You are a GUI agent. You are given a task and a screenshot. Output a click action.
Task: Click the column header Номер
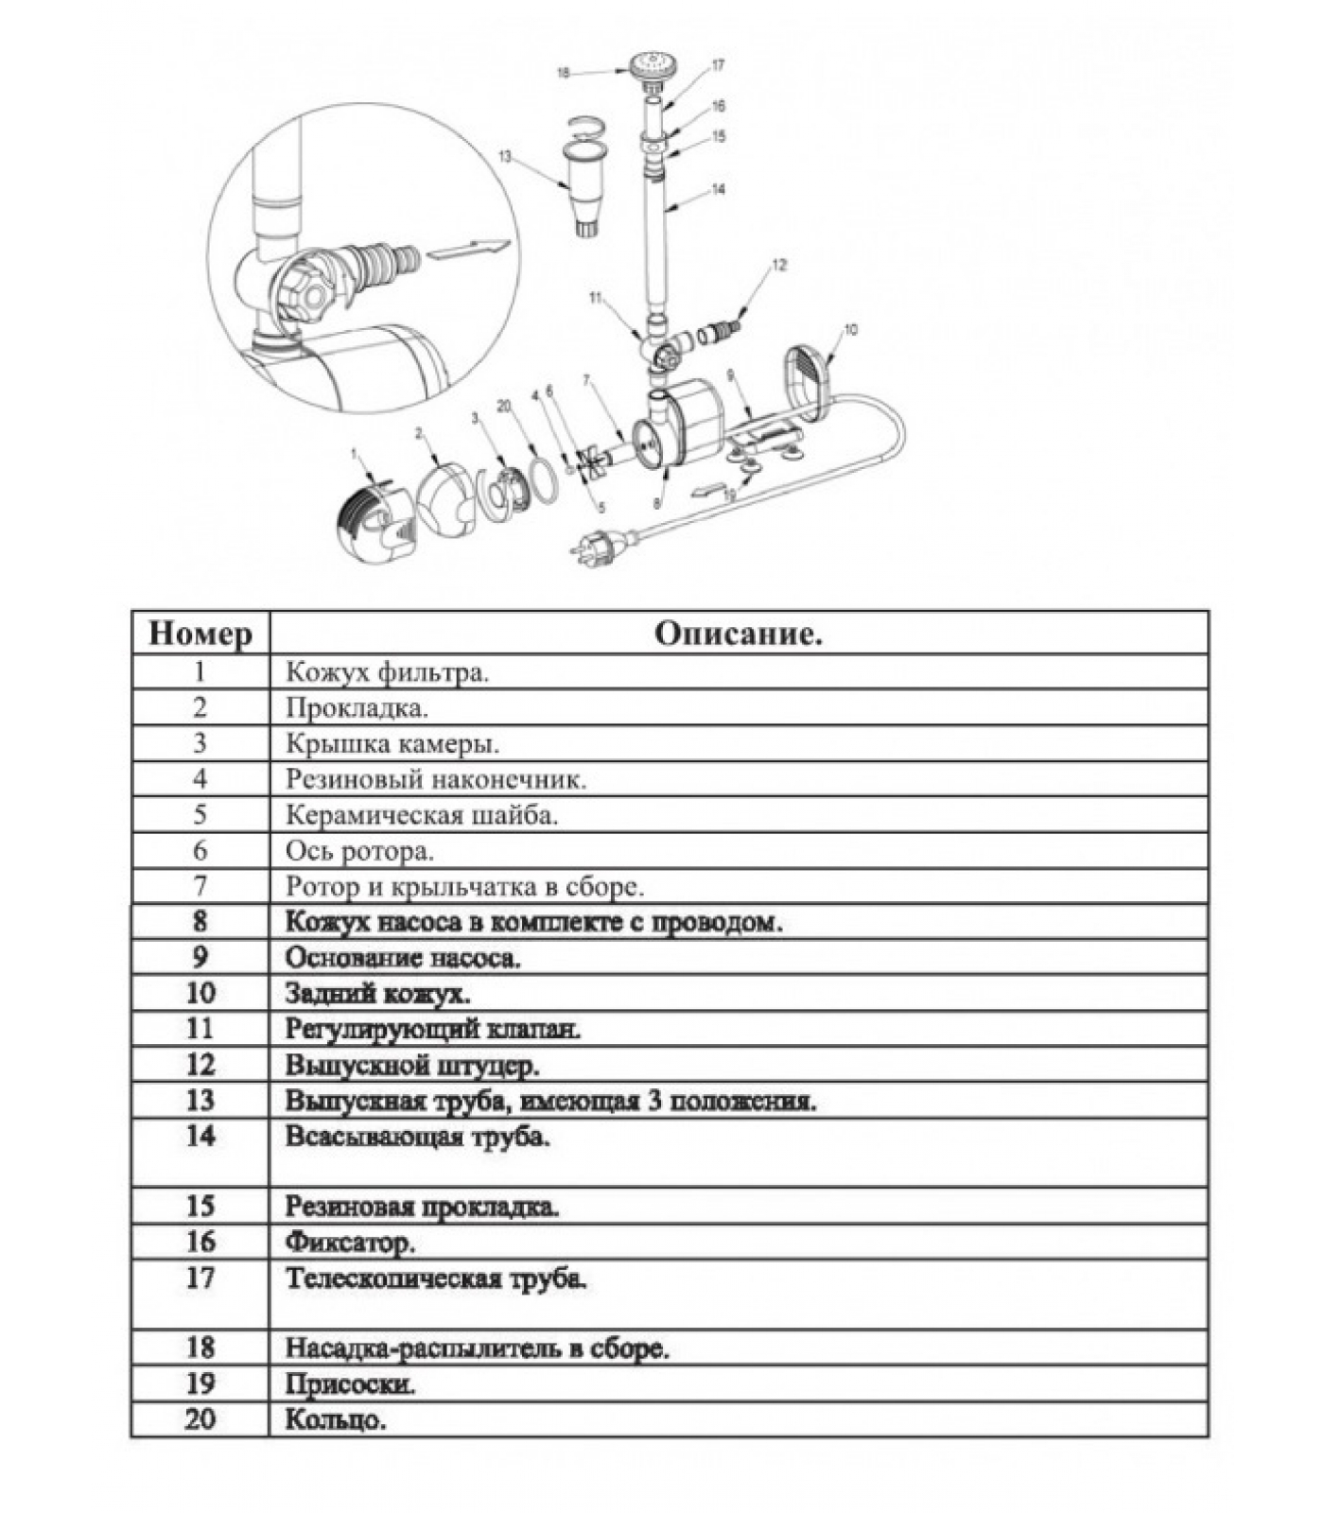point(200,634)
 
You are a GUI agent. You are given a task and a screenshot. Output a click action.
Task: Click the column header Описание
point(738,634)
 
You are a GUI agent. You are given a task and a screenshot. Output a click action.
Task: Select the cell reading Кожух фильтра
point(388,672)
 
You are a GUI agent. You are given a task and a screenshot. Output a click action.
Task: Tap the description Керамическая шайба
point(422,815)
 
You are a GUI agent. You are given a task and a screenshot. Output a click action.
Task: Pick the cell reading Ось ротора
point(359,851)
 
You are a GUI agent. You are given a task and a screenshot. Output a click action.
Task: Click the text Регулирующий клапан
point(433,1029)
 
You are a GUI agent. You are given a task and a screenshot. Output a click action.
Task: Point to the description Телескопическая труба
point(436,1278)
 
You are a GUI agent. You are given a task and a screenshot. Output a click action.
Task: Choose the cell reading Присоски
point(351,1384)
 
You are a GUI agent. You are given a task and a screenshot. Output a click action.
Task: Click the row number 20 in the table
point(200,1419)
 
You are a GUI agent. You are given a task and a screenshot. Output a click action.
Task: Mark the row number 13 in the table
point(200,1101)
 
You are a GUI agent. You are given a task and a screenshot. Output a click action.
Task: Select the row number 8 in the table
point(200,922)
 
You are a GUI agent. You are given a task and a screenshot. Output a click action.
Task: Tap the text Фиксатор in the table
point(351,1242)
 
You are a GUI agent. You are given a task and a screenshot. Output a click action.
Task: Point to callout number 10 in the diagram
point(850,330)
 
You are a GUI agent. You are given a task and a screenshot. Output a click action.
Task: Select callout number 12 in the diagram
point(778,266)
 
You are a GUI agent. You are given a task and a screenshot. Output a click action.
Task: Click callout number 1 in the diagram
point(356,454)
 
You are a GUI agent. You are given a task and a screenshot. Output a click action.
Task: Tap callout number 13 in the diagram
point(504,156)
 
